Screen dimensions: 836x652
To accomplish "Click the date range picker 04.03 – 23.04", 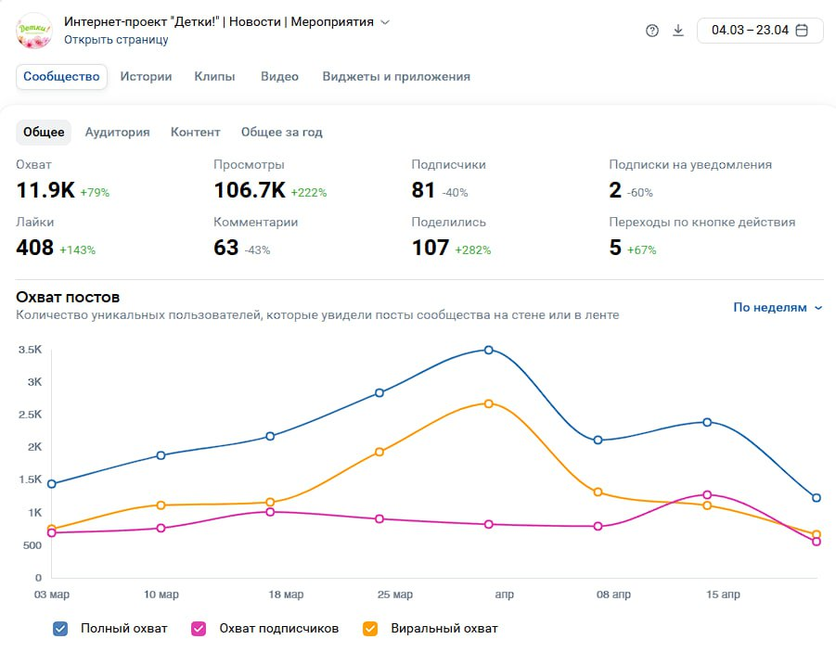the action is tap(760, 31).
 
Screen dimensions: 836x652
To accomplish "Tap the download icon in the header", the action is tap(678, 31).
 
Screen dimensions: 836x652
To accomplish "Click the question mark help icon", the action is tap(652, 31).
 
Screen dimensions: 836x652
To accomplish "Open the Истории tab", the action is tap(146, 77).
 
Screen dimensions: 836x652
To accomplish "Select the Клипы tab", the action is tap(214, 77).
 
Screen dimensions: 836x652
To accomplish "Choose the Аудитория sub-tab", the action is tap(117, 133).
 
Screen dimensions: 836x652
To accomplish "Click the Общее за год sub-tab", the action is tap(281, 133).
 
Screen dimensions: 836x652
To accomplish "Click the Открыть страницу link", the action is tap(116, 40).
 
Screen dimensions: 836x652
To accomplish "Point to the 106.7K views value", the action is tap(250, 190).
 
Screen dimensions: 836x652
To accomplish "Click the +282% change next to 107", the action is tap(473, 250).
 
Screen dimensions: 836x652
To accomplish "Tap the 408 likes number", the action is tap(34, 248).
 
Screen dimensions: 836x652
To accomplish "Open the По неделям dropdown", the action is tap(778, 308).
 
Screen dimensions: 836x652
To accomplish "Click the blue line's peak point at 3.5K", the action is tap(489, 351).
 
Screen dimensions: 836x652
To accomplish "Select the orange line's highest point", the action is tap(489, 404).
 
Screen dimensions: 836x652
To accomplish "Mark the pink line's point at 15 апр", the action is tap(708, 495).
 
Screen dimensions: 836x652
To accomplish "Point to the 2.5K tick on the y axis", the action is tap(30, 415).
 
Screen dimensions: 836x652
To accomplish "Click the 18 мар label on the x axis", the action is tap(286, 594).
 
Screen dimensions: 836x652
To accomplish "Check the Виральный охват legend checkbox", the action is tap(370, 629).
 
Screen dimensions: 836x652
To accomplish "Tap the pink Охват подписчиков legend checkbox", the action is tap(199, 629).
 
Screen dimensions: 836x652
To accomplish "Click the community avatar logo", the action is tap(34, 31).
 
